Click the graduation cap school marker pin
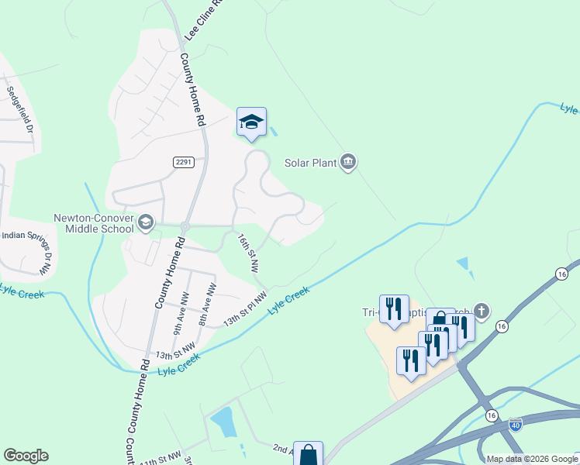[x=251, y=122]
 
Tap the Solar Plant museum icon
[x=348, y=162]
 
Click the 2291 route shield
[x=182, y=161]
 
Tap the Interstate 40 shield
[x=516, y=423]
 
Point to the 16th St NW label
[x=248, y=253]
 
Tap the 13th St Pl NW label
[x=245, y=308]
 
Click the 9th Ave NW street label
[x=181, y=308]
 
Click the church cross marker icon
[x=482, y=312]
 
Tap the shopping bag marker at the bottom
[x=308, y=454]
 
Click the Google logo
[x=26, y=456]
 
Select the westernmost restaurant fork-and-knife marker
[x=394, y=310]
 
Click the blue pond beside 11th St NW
[x=223, y=422]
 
